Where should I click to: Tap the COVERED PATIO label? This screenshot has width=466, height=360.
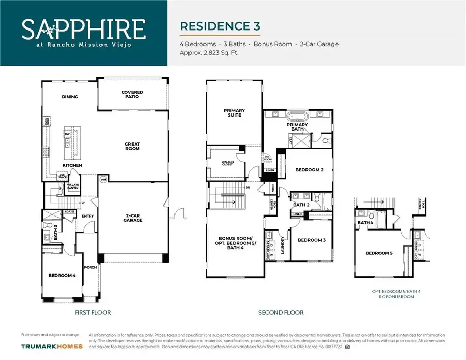pos(133,95)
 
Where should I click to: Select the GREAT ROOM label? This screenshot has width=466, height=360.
pos(133,147)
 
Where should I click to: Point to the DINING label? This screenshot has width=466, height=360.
pos(69,96)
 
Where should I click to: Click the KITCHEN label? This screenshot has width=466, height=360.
pos(72,165)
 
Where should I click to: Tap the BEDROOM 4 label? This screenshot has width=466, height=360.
pos(62,275)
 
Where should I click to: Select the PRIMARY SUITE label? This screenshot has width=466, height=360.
pos(234,113)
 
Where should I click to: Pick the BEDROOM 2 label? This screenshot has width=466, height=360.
pos(309,169)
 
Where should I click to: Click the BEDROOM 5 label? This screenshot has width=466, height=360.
pos(380,253)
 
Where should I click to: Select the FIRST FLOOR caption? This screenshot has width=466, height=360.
pos(93,313)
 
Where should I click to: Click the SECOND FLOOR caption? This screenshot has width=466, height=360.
pos(281,313)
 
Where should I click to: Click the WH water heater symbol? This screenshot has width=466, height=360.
pos(103,180)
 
